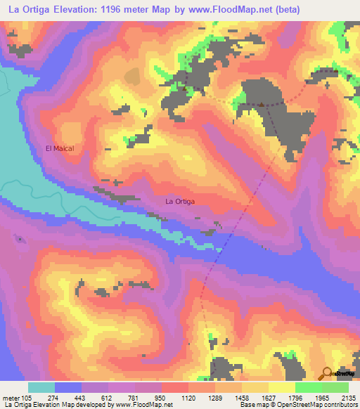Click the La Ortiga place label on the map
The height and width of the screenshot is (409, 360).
179,202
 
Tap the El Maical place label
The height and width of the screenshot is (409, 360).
60,148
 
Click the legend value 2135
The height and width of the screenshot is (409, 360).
348,398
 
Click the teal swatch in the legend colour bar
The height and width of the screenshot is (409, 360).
41,387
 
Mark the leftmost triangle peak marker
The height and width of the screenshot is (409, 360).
185,89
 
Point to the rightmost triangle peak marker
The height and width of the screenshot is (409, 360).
261,105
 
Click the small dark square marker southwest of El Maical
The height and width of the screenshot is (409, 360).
20,239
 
